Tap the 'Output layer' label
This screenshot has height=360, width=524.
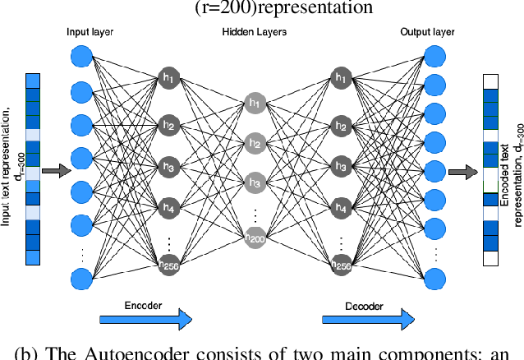coord(426,31)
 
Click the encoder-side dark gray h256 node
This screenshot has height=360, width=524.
coord(169,263)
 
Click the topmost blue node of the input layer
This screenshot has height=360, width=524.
coord(81,57)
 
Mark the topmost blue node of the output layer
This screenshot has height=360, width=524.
coord(435,57)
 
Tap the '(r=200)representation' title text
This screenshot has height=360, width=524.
coord(262,9)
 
